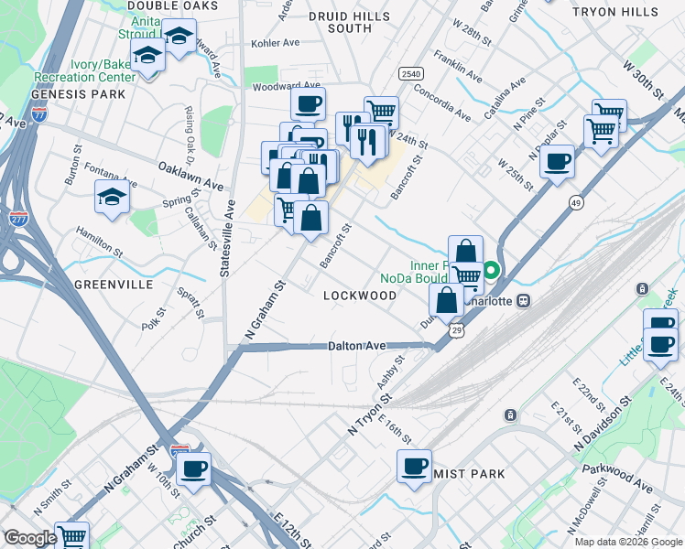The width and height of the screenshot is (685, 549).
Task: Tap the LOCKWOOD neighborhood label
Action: (x=361, y=296)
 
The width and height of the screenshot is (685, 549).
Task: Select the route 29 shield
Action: (x=457, y=329)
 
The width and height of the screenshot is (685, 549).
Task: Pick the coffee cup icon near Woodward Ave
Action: (x=308, y=103)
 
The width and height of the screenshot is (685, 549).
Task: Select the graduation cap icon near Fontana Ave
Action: (x=112, y=196)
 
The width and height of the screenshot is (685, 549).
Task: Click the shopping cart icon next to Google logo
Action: (x=71, y=536)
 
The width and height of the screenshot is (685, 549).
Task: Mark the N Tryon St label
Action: (x=369, y=414)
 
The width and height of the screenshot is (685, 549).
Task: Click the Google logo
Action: (x=30, y=538)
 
